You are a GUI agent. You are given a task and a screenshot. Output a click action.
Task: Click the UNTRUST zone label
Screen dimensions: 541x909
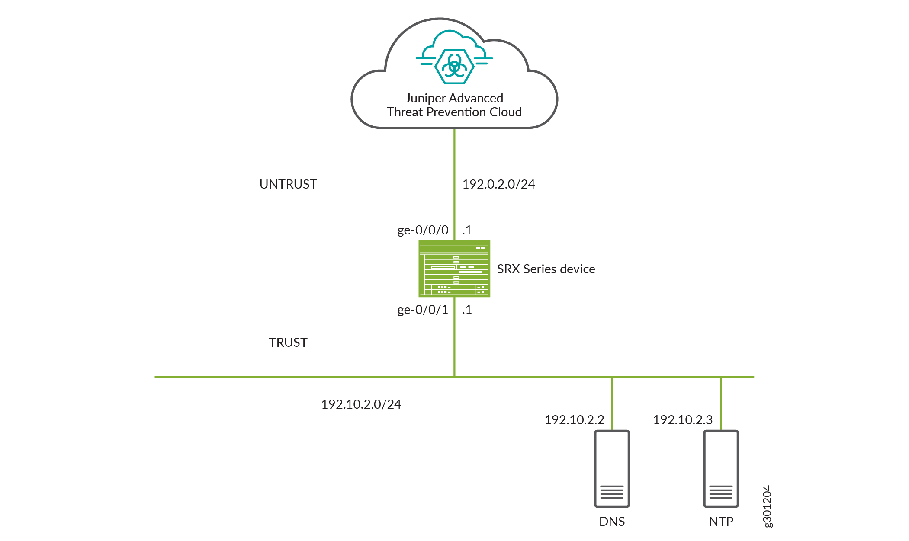click(x=288, y=184)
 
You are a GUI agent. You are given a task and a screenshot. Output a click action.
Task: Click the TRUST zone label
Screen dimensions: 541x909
click(x=288, y=343)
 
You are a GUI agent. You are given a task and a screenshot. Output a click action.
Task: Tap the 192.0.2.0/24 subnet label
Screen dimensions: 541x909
click(x=498, y=184)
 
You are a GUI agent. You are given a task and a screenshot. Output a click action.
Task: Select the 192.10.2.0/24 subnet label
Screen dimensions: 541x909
click(x=361, y=404)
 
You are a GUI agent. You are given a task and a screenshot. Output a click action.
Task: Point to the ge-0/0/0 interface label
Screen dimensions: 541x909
click(x=423, y=230)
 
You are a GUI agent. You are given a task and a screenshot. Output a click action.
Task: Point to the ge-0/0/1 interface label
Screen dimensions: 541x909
click(x=423, y=310)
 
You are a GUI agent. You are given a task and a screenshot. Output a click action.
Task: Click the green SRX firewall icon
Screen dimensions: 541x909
click(x=454, y=269)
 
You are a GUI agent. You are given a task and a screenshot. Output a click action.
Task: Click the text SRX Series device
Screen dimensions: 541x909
click(x=546, y=269)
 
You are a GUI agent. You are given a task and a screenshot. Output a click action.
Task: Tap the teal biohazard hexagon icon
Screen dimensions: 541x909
click(x=454, y=67)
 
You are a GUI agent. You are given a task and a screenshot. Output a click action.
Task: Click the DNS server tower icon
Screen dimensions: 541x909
click(x=612, y=468)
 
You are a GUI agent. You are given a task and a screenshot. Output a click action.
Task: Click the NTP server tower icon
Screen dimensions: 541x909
click(x=721, y=468)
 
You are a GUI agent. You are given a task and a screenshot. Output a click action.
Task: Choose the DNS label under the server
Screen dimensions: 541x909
click(x=612, y=522)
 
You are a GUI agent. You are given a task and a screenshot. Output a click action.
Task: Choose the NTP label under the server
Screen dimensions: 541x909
click(x=721, y=522)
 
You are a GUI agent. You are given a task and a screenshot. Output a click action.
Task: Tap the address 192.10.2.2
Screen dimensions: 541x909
click(x=574, y=420)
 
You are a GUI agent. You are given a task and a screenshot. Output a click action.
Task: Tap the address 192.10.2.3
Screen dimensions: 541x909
click(x=683, y=420)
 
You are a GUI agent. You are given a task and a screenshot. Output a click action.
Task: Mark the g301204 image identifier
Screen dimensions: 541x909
click(x=767, y=506)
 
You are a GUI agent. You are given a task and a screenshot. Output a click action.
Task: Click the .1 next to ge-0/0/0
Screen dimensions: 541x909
click(x=467, y=230)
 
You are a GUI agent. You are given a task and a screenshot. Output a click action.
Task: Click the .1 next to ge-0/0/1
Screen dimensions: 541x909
click(x=467, y=310)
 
